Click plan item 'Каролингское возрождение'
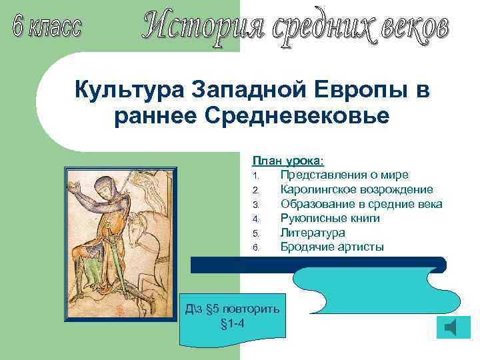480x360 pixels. click(357, 189)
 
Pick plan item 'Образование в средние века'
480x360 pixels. click(361, 204)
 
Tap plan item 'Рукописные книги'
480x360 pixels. click(330, 218)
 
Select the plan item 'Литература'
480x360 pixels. click(313, 233)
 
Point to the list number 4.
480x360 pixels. click(255, 219)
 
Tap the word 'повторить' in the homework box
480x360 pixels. click(251, 310)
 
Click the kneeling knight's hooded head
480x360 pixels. click(105, 187)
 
